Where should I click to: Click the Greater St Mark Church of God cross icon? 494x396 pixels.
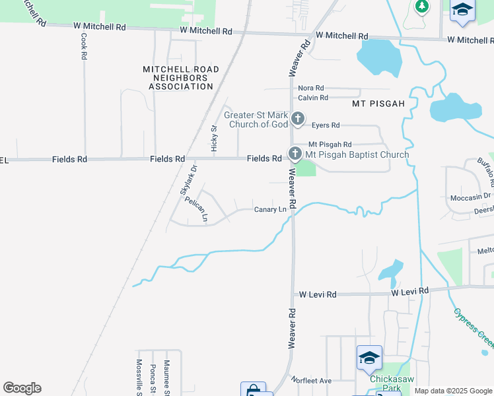tap(298, 119)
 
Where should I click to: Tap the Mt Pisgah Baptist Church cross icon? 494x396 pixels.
tap(295, 154)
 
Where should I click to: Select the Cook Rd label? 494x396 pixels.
tap(84, 47)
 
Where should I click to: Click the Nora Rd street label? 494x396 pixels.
tap(311, 88)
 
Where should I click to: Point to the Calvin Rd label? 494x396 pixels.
tap(313, 98)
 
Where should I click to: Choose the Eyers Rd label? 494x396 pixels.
tap(326, 125)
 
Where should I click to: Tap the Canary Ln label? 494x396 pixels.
tap(271, 210)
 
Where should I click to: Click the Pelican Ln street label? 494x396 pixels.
tap(197, 209)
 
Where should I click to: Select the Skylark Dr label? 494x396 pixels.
tap(189, 180)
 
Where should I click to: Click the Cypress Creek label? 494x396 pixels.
tap(474, 328)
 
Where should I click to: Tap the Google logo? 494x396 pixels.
tap(22, 388)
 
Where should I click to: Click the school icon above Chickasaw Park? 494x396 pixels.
tap(369, 358)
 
